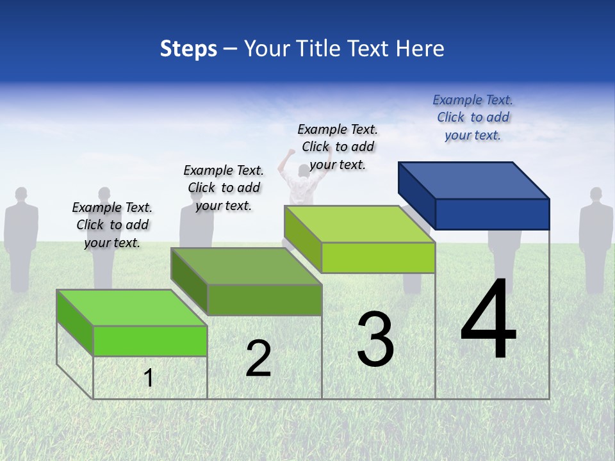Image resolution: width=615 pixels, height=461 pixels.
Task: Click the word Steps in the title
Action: point(188,49)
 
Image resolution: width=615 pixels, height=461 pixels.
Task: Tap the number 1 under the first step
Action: point(149,378)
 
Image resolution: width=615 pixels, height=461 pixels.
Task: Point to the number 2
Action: point(258,359)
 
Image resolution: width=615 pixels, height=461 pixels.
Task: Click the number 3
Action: point(375,339)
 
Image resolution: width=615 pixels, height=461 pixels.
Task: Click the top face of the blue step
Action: point(474,180)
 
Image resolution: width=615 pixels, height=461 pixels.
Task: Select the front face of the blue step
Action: point(492,214)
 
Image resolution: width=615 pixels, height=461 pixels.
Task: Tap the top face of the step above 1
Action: point(132,307)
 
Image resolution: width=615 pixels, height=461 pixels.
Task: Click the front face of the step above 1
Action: point(150,341)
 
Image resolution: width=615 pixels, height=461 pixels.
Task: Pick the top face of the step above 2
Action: point(246,266)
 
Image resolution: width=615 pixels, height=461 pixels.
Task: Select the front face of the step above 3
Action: point(378,257)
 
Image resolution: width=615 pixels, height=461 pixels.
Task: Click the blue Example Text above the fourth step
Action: point(473,117)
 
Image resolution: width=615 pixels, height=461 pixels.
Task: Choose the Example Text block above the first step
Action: point(112,225)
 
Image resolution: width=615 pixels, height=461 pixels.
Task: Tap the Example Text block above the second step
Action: point(224,188)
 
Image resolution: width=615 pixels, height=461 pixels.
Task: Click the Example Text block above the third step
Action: point(338,147)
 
